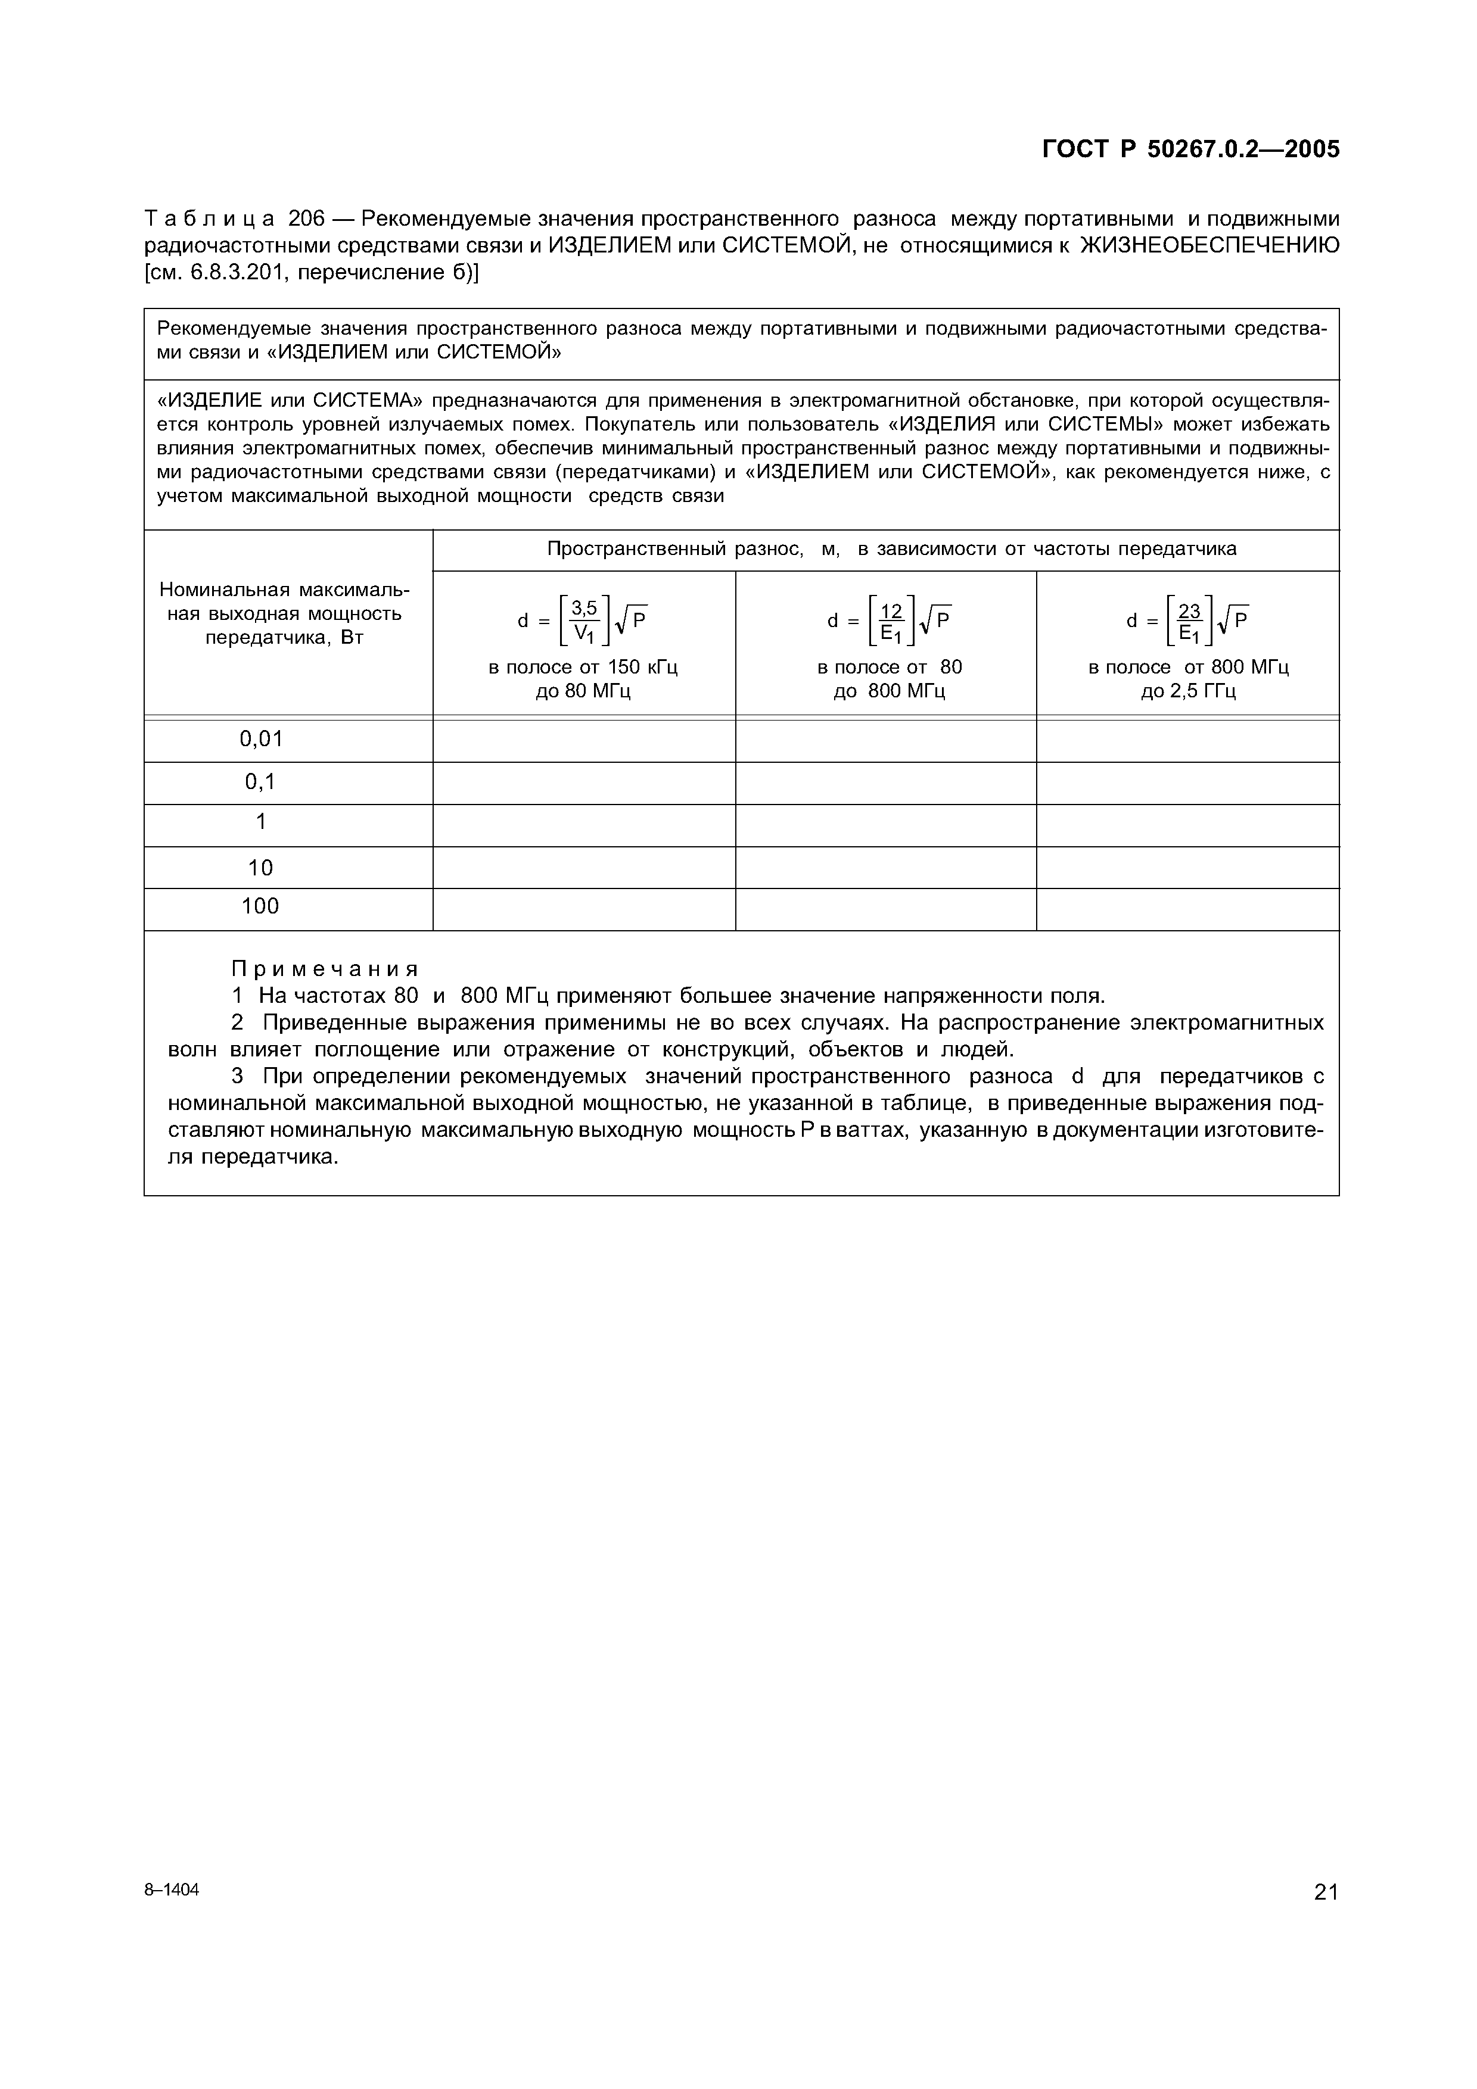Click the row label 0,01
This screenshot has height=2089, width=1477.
[261, 739]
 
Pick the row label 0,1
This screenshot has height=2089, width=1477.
[260, 781]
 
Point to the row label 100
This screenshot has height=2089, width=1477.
[260, 906]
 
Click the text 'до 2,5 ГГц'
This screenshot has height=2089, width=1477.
[1187, 691]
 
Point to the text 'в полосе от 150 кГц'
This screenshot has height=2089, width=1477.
[583, 667]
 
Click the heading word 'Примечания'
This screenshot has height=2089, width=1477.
[325, 968]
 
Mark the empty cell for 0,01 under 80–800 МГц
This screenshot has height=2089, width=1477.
[885, 740]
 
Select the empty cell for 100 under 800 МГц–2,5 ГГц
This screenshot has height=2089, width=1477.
[1187, 909]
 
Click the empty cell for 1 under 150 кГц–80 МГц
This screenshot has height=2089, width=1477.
[583, 825]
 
